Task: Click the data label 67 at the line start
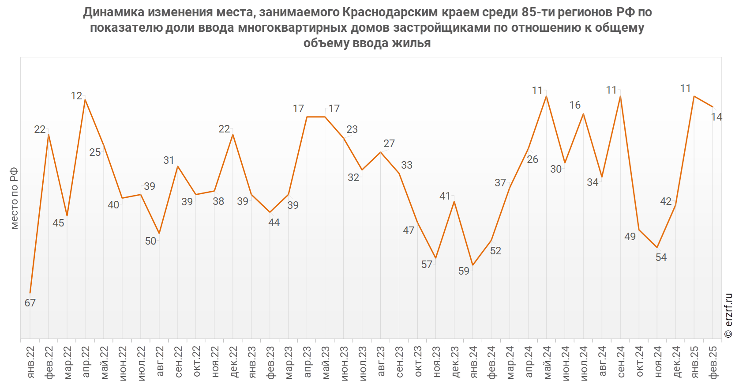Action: pos(30,303)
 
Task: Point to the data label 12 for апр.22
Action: pos(77,96)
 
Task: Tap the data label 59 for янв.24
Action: pos(464,271)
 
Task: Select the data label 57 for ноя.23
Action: pos(427,264)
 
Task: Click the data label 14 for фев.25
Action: pos(716,117)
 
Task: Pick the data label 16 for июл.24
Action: pos(575,105)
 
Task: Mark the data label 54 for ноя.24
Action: pos(661,257)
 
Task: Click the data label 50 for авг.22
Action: pos(151,241)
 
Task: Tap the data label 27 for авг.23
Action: pos(389,143)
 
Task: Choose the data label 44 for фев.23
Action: pos(274,223)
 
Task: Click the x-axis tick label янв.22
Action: pos(30,362)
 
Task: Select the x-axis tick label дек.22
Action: pos(233,362)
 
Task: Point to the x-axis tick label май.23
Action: pos(326,362)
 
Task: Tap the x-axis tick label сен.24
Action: pos(621,362)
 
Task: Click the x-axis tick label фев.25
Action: pos(713,362)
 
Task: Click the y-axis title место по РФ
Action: pos(14,198)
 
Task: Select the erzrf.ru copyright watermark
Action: pos(728,316)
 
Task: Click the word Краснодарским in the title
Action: pos(390,12)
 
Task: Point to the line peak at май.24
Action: pos(547,96)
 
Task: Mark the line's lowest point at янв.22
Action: pos(30,293)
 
